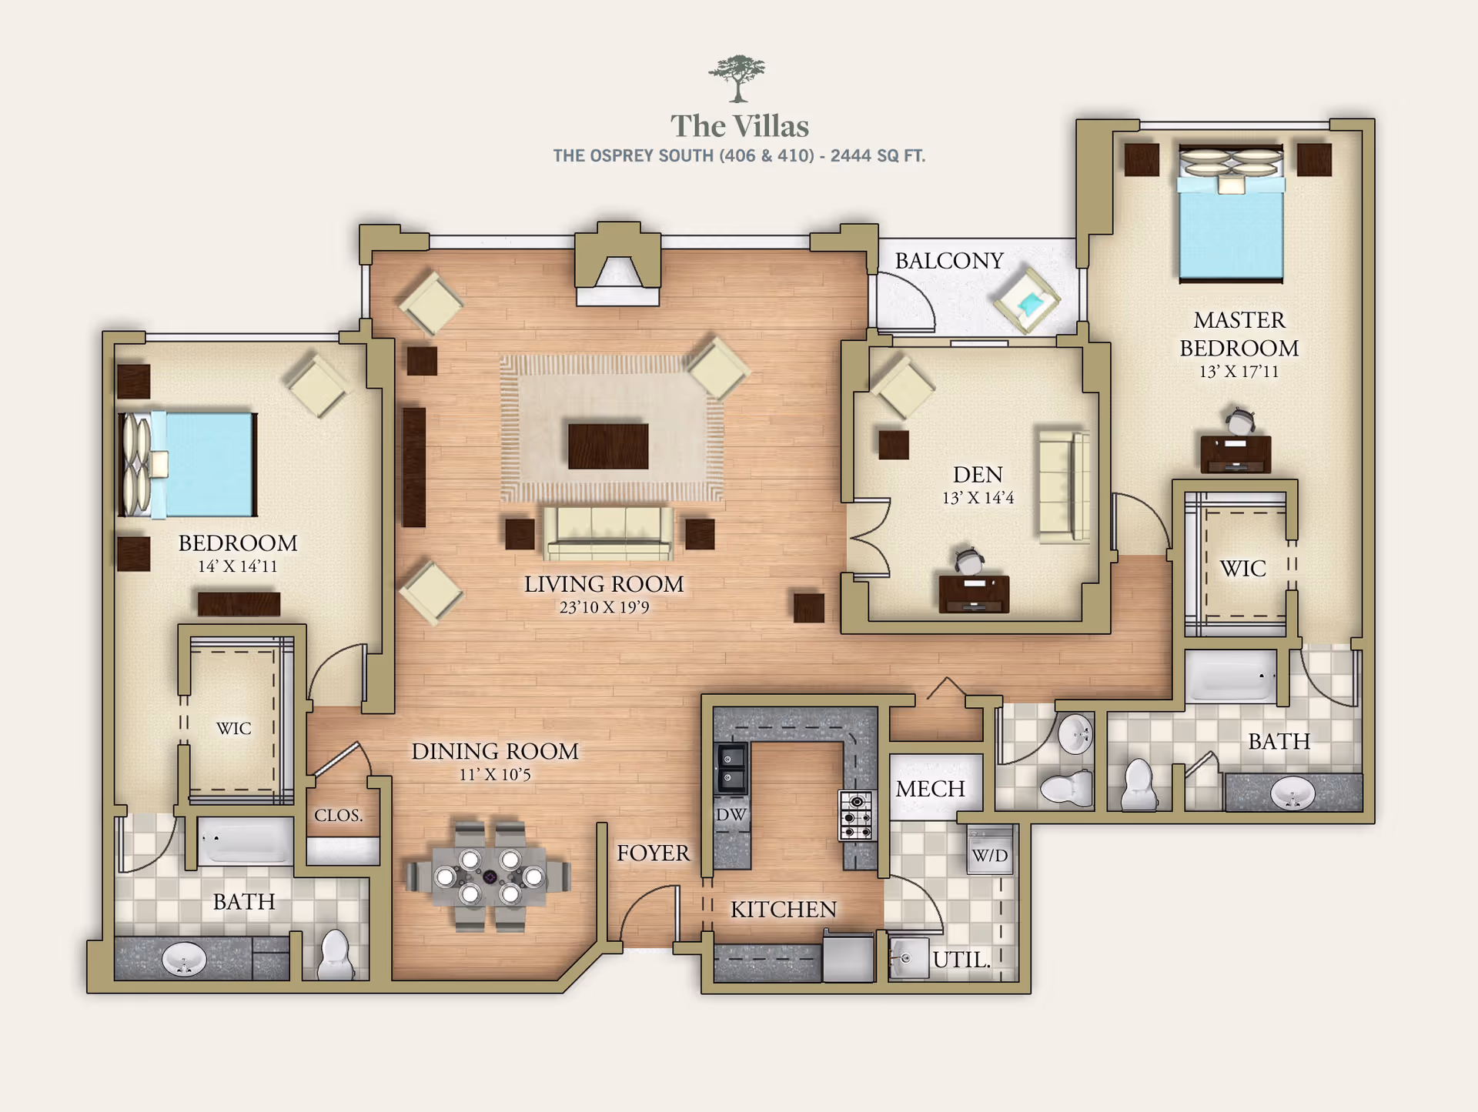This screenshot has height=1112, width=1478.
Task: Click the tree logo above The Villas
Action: coord(737,78)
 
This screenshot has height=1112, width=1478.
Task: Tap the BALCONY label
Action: coord(948,261)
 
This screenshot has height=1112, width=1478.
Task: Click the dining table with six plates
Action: coord(490,877)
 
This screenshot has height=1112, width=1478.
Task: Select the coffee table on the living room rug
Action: coord(607,446)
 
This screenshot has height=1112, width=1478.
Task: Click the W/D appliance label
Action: coord(989,855)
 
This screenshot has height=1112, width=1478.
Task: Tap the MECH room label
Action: coord(930,789)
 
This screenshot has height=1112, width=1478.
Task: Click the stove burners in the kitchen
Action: coord(856,816)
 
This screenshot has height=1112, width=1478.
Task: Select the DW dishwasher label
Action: coord(731,814)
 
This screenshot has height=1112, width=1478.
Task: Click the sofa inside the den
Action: coord(1063,486)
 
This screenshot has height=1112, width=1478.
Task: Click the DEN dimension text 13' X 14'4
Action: coord(978,498)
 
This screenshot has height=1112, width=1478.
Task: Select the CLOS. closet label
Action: coord(338,815)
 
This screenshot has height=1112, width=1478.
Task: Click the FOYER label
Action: coord(653,853)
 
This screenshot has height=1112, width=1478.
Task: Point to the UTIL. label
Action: coord(960,960)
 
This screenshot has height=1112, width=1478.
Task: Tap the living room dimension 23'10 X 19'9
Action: coord(604,607)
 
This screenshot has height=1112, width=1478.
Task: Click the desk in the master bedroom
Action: coord(1235,453)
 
